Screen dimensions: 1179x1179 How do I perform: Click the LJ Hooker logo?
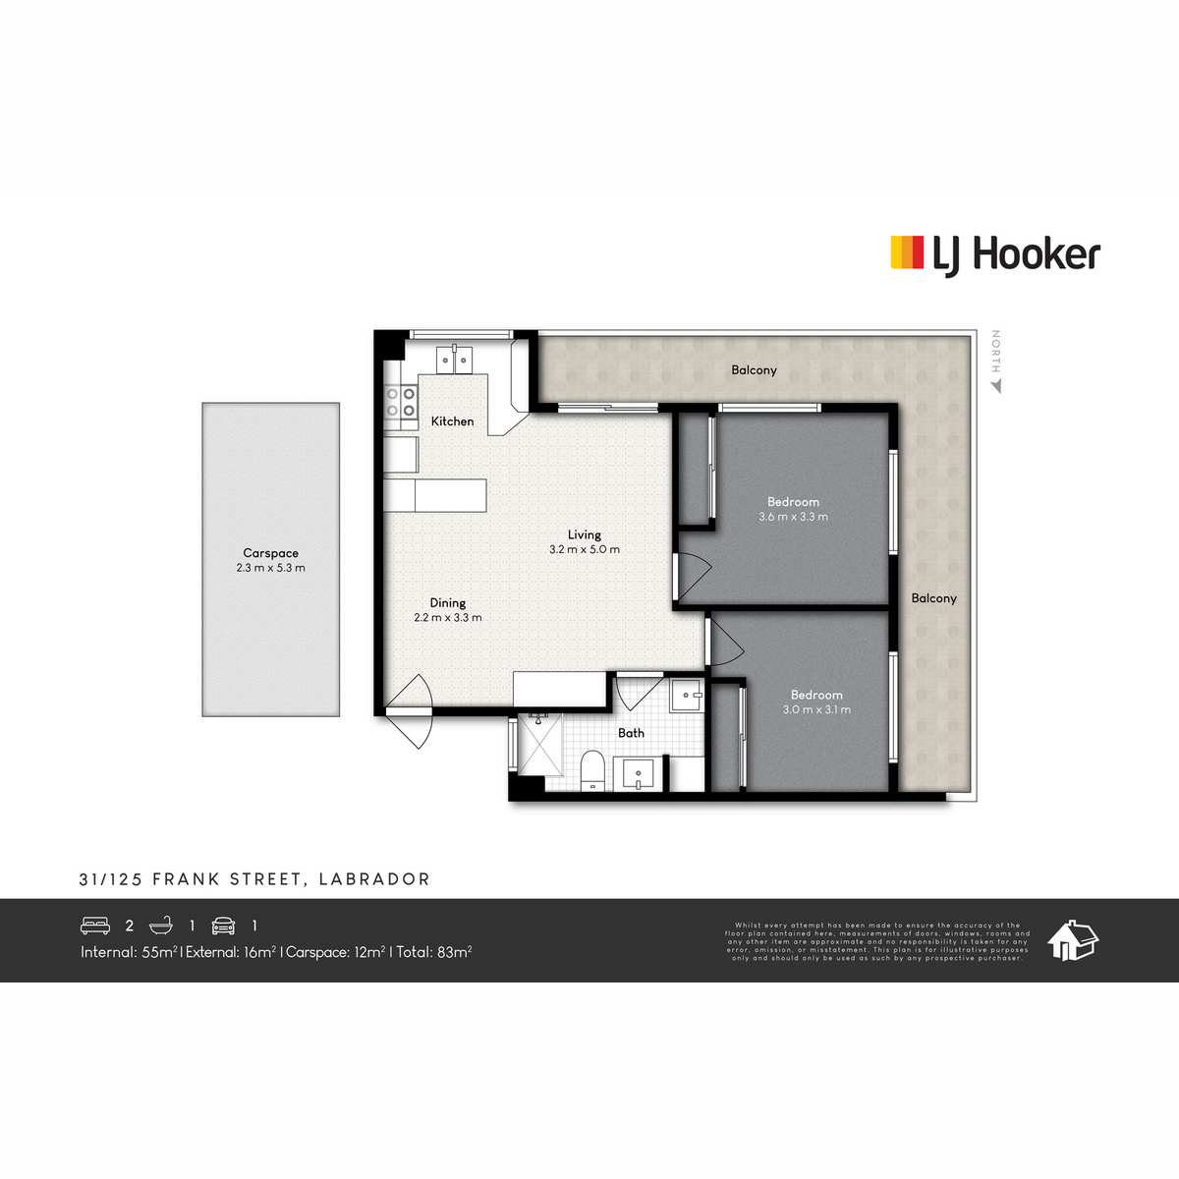[x=994, y=254]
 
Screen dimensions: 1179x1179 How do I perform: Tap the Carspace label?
[x=270, y=553]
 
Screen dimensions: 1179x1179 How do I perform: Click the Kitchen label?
[x=452, y=421]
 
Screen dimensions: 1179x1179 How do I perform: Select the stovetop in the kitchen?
[x=401, y=403]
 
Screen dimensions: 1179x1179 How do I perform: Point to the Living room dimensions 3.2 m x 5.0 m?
[x=585, y=550]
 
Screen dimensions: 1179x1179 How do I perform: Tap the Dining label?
[x=447, y=603]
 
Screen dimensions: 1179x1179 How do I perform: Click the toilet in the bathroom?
[x=592, y=769]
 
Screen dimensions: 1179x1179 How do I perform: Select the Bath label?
[x=631, y=733]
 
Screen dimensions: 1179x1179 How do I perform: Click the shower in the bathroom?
[x=538, y=746]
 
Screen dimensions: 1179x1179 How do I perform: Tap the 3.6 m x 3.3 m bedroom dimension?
[x=793, y=517]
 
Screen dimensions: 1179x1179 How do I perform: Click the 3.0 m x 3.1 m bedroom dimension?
[x=816, y=709]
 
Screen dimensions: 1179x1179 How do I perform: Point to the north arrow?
[x=996, y=386]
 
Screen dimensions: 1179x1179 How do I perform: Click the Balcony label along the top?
[x=754, y=370]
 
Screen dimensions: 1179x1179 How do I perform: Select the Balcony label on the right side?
[x=933, y=598]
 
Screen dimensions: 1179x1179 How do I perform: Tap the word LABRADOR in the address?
[x=374, y=879]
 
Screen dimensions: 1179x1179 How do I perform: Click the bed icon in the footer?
[x=95, y=926]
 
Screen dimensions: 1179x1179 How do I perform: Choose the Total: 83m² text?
[x=434, y=952]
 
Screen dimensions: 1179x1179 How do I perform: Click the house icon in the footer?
[x=1073, y=940]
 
